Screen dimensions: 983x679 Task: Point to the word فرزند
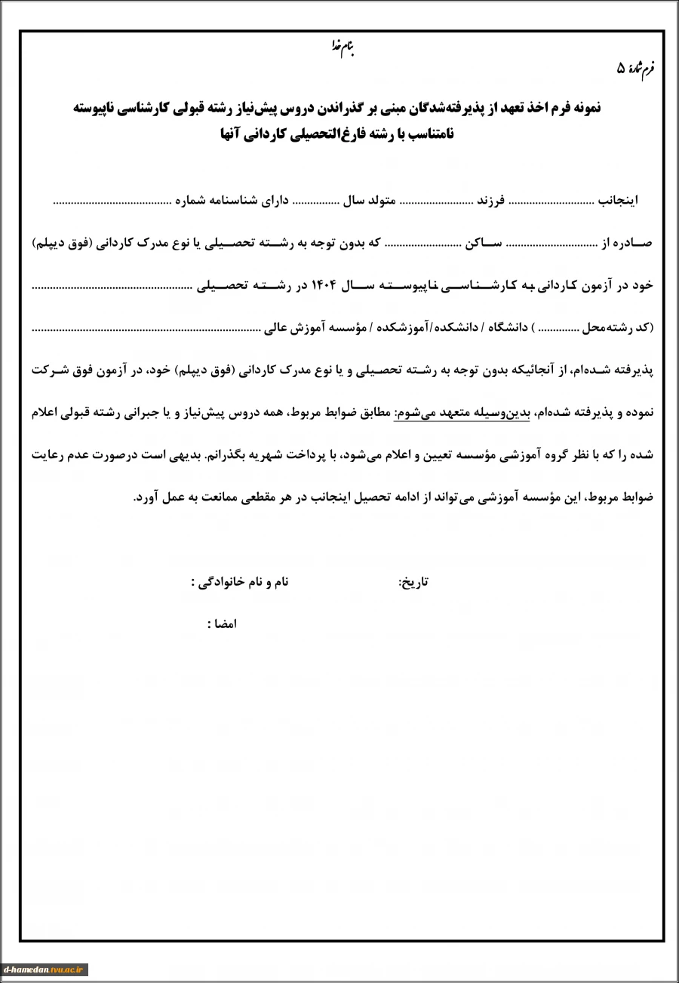(x=492, y=202)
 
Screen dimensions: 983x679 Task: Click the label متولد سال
(x=367, y=202)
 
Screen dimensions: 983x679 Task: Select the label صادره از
(x=627, y=244)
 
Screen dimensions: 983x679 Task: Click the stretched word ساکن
(x=485, y=244)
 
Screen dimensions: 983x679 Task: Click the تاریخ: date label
(x=413, y=582)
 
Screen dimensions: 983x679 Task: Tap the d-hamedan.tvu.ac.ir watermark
(x=45, y=969)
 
